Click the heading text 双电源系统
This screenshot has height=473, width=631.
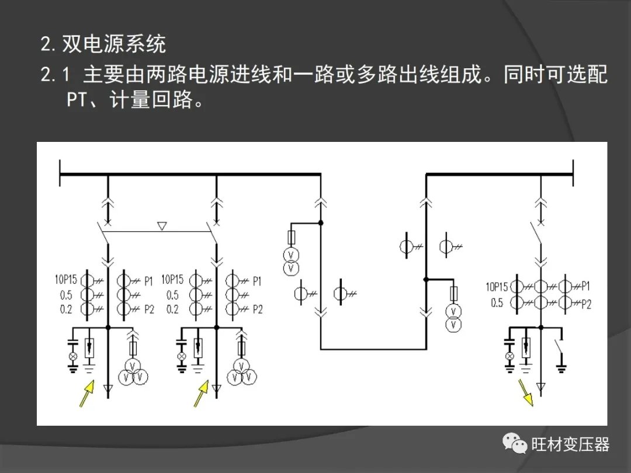(113, 44)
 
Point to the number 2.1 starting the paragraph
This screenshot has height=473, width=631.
(55, 75)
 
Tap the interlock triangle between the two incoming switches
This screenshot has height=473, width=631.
(162, 226)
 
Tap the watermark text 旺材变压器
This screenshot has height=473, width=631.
(571, 445)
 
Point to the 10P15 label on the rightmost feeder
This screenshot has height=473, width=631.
(497, 287)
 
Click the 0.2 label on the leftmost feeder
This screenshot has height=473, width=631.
(66, 309)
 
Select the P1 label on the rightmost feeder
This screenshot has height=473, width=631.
(585, 286)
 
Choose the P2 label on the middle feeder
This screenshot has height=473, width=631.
(258, 309)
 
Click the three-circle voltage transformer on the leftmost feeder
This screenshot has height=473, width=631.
(133, 373)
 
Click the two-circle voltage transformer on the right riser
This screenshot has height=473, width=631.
(453, 318)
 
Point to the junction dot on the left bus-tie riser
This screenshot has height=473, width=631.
(321, 222)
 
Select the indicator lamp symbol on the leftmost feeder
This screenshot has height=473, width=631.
(73, 356)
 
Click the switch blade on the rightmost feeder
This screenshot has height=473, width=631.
(535, 233)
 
